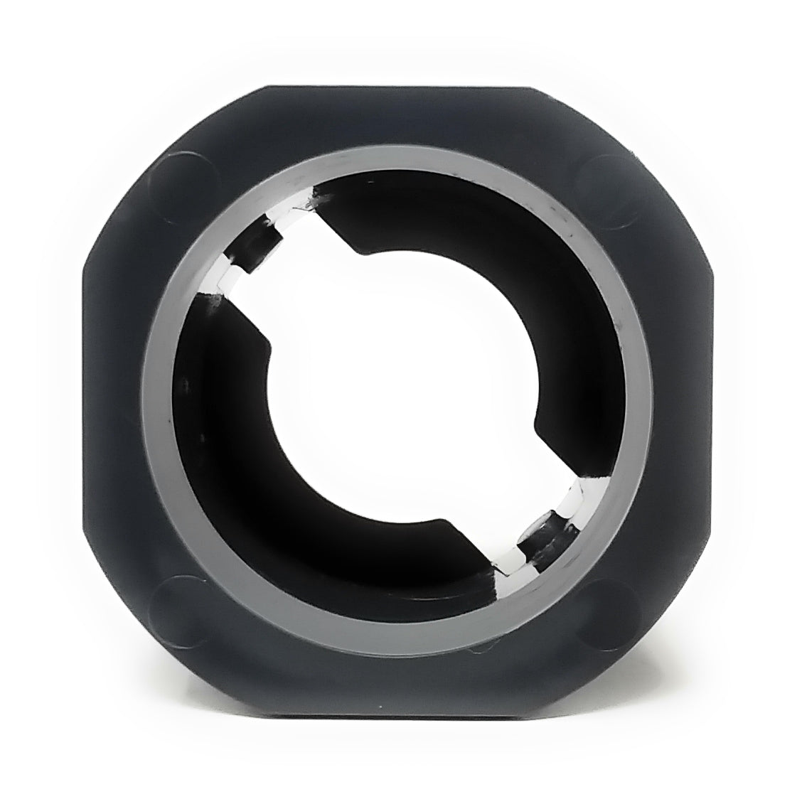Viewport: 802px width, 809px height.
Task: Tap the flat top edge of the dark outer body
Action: coord(398,89)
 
